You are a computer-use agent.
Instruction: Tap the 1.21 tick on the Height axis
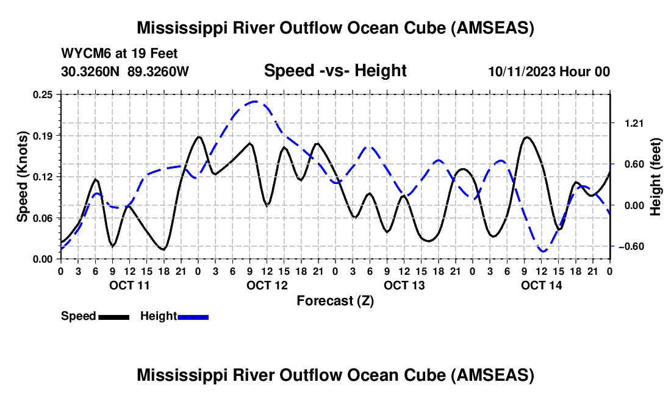tap(634, 124)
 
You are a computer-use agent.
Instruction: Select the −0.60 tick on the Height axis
tap(631, 247)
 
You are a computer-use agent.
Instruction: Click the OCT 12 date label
tap(267, 285)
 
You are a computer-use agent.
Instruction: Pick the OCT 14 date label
tap(541, 285)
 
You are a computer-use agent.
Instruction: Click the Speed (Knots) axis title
tap(22, 177)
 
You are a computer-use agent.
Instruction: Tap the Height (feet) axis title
tap(655, 177)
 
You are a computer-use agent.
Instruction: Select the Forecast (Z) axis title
tap(335, 301)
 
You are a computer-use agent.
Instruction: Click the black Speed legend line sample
tap(114, 317)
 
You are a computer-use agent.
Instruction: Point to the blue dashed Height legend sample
tap(193, 317)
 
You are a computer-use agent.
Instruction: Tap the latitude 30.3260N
tap(90, 71)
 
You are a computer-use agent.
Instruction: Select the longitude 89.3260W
tap(158, 71)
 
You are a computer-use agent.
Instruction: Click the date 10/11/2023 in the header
tap(522, 71)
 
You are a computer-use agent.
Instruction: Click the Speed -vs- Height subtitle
tap(335, 71)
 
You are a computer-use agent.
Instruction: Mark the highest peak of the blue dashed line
tap(255, 101)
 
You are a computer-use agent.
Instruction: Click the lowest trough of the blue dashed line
tap(543, 251)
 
